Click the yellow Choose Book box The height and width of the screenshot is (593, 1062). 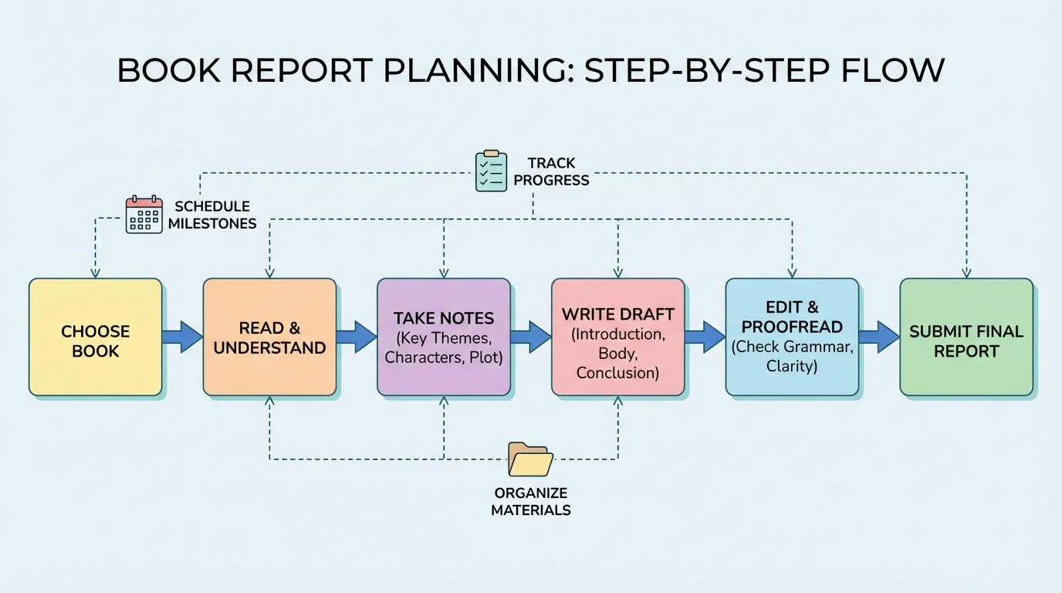[96, 337]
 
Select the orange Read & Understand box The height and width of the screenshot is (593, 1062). [269, 337]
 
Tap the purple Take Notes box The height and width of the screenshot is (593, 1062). [444, 337]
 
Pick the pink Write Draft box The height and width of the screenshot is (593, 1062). [617, 337]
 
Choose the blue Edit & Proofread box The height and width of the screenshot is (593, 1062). [792, 337]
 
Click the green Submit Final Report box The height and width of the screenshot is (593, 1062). [966, 337]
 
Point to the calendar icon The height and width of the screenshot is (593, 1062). [144, 215]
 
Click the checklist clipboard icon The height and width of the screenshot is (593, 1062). [491, 171]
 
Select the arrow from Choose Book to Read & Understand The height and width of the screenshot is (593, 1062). [183, 337]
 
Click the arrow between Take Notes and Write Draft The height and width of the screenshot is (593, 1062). [531, 337]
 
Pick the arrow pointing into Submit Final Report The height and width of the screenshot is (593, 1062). [879, 337]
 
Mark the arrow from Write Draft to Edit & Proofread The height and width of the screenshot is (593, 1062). [705, 337]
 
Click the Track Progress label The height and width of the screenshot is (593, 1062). [551, 171]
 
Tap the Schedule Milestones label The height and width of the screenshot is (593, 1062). [212, 215]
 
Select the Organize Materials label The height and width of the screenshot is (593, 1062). [531, 501]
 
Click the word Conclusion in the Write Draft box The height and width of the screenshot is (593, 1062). [617, 373]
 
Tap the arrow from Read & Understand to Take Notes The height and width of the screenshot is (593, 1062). [357, 337]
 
